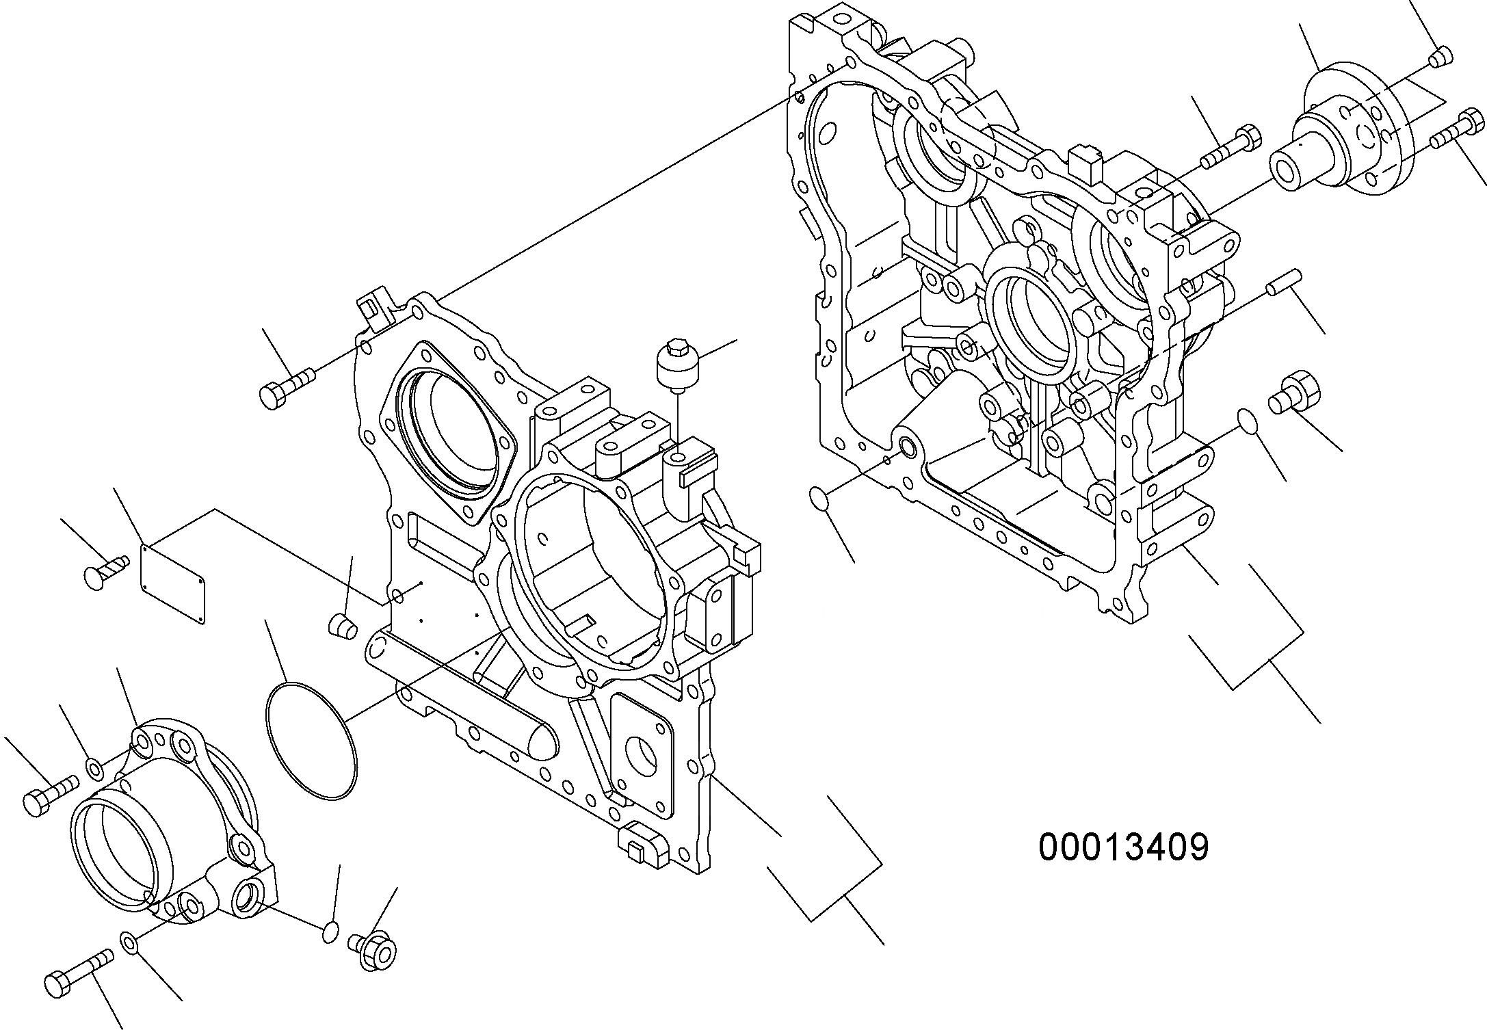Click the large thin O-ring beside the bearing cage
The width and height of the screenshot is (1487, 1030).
click(x=310, y=740)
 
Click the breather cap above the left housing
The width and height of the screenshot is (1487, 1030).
click(x=674, y=364)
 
